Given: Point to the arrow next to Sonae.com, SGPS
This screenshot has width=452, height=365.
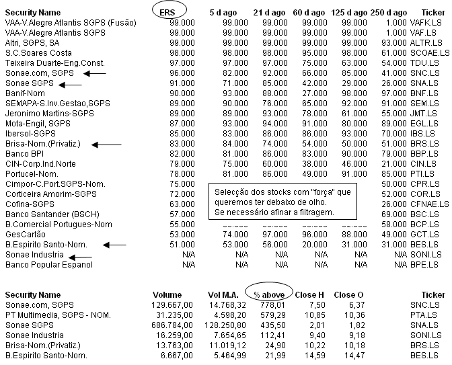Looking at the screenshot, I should (x=96, y=72).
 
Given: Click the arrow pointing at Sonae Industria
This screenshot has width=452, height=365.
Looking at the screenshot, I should (x=80, y=255).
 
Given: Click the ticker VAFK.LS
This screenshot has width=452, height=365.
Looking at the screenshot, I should (x=430, y=22).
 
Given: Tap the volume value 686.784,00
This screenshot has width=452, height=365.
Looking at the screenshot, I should (x=158, y=325).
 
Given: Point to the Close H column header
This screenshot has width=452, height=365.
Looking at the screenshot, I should (x=310, y=295).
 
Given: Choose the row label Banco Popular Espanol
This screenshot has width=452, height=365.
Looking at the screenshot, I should (x=48, y=265).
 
